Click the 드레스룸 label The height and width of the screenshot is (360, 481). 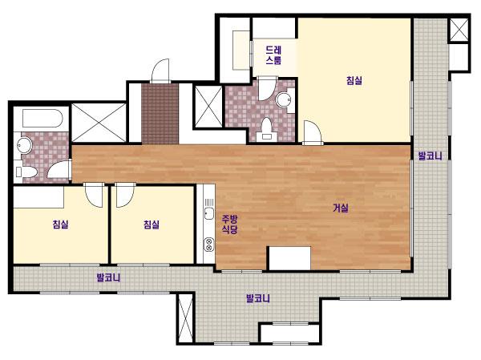(273, 55)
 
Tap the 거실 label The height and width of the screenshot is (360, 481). (341, 208)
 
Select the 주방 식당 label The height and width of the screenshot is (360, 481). (230, 224)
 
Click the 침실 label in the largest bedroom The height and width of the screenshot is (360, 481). (354, 80)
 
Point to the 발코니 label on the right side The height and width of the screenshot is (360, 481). (430, 156)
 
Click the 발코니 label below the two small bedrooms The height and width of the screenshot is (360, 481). (108, 277)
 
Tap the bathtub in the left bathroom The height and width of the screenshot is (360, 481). (42, 118)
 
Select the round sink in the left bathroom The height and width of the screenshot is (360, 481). (25, 145)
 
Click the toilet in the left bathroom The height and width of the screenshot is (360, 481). (26, 172)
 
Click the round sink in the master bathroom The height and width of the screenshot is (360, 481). (284, 99)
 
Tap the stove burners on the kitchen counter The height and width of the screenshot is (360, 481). (209, 245)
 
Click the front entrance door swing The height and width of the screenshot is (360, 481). (160, 71)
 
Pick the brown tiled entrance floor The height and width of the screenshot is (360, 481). (160, 114)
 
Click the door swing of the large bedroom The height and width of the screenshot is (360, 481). (313, 132)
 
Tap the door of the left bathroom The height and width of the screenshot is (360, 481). (59, 169)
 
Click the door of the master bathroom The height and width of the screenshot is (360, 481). (267, 88)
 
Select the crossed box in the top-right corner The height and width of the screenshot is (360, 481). (459, 30)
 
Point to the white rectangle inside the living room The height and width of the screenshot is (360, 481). (290, 258)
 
